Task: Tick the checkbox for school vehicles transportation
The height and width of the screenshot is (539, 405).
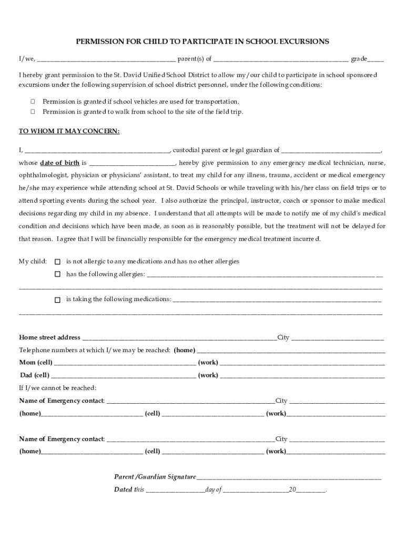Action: click(x=33, y=101)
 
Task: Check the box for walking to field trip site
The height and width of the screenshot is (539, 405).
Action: click(x=33, y=112)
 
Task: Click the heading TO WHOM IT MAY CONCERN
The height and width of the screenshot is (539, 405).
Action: click(x=69, y=131)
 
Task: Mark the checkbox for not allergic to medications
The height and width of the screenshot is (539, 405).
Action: click(x=57, y=262)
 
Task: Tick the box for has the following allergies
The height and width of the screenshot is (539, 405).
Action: click(x=57, y=274)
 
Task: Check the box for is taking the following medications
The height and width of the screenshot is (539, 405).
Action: click(x=57, y=300)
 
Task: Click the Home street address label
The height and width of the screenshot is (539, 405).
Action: click(x=50, y=337)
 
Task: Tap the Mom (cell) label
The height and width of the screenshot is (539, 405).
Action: click(x=36, y=363)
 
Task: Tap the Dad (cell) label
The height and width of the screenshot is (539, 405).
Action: click(x=35, y=375)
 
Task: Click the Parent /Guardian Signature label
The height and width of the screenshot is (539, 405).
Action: click(x=155, y=477)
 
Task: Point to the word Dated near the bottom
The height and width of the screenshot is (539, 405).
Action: click(x=123, y=490)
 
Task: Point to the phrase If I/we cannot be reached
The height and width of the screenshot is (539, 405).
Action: click(x=58, y=388)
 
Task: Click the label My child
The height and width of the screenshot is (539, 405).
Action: click(x=33, y=262)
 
